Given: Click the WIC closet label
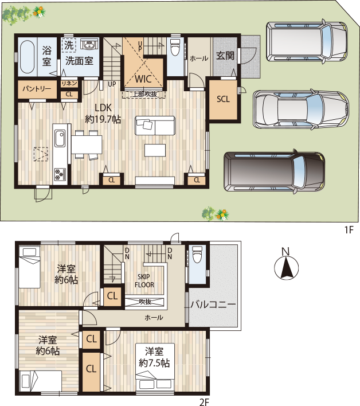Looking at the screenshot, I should coord(143,79).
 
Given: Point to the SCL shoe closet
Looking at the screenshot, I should coord(223,99).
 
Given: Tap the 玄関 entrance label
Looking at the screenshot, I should coord(224,56).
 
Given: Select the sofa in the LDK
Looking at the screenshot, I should coord(155,124).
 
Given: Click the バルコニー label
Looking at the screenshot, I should coord(213,304).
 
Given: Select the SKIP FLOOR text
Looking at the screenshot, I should coord(144,280).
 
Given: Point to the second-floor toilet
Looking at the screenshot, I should coord(197,253).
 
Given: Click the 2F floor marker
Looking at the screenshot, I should coord(204,401).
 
